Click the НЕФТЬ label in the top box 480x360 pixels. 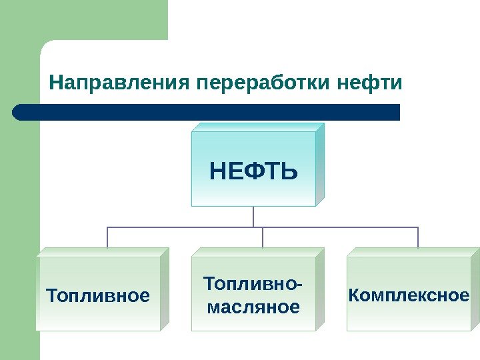tap(253, 173)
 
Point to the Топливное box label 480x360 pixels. tap(97, 295)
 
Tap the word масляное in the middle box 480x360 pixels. tap(253, 307)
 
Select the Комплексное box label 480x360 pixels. tap(408, 295)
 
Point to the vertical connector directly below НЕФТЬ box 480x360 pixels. tap(253, 217)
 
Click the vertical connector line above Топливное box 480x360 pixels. tap(107, 237)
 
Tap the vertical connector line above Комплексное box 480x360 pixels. tap(418, 237)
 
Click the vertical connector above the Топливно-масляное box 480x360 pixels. tap(263, 237)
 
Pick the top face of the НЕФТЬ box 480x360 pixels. tap(257, 127)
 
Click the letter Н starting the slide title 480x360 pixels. tap(55, 84)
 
